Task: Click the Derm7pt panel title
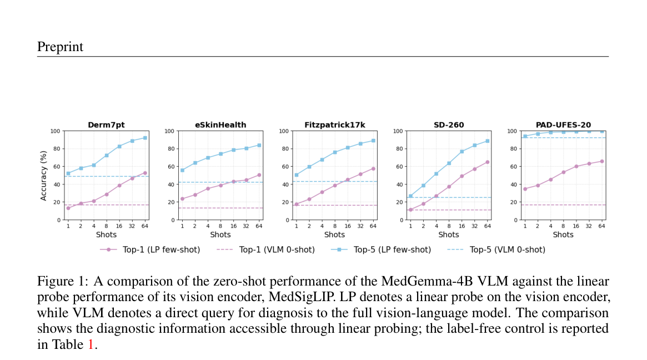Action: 106,124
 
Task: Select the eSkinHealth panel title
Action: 220,124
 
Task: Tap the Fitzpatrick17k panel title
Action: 335,124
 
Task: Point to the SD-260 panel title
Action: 449,124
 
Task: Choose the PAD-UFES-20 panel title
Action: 563,124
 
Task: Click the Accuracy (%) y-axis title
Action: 43,176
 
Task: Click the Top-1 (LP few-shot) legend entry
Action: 150,249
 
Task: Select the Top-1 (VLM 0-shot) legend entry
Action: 265,249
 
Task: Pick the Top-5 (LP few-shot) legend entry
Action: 381,249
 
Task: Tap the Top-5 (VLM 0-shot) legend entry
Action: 496,249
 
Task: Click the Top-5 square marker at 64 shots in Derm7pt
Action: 145,138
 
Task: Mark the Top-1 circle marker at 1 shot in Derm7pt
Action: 68,208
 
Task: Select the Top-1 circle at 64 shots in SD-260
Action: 487,162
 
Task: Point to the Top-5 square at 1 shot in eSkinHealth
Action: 182,170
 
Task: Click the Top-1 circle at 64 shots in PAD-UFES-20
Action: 601,162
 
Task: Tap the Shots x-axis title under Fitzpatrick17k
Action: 335,234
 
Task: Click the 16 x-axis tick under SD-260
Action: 462,226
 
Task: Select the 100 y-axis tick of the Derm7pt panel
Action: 56,131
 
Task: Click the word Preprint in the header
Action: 60,47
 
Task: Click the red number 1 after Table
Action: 91,344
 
